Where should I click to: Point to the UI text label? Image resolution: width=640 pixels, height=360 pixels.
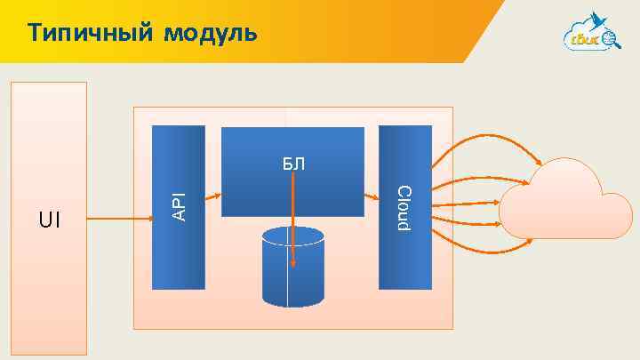tap(50, 219)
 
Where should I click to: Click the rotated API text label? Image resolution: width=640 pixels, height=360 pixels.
tap(179, 206)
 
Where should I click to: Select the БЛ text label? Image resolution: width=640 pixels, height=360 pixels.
tap(293, 164)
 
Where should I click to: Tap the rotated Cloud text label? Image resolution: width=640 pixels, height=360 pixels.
tap(404, 210)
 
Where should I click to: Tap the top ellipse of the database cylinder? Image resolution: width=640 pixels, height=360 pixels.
tap(293, 237)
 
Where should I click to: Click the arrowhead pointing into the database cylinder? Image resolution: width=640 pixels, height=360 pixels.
tap(293, 265)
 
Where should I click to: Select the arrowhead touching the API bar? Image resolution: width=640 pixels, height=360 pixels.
tap(148, 219)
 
